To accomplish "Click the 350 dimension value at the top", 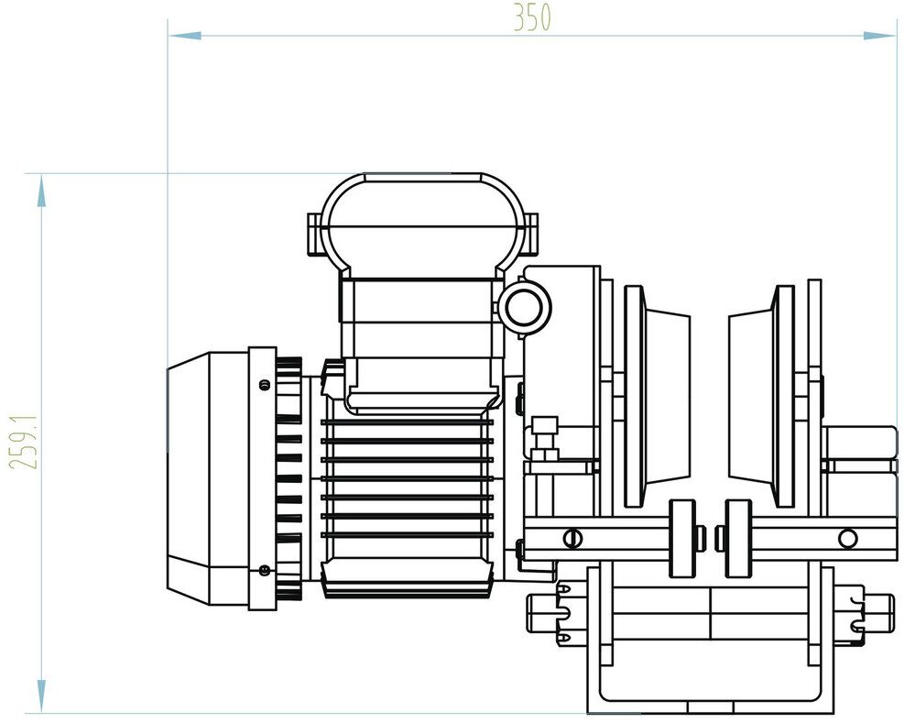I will coord(532,18).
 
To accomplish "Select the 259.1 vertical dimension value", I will coord(25,442).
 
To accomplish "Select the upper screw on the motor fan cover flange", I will coord(265,384).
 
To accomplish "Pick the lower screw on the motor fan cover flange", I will coord(265,570).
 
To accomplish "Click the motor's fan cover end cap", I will coord(207,478).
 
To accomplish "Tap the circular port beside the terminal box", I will coord(526,307).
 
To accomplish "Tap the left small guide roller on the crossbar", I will coord(681,538).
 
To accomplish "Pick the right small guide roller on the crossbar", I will coord(738,538).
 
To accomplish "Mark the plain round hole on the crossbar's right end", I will coord(847,537).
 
